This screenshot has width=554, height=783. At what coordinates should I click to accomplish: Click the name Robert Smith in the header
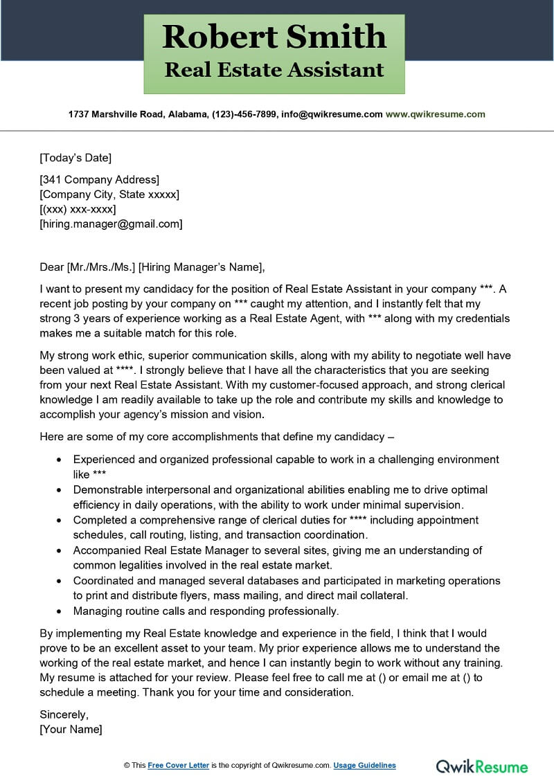(x=274, y=36)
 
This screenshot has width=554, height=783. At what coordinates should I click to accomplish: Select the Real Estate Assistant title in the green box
(x=274, y=70)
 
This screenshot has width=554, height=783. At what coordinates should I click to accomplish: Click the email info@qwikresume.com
(x=331, y=114)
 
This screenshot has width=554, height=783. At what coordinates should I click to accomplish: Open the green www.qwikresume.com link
(x=435, y=114)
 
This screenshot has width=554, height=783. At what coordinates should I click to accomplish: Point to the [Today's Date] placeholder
(x=75, y=157)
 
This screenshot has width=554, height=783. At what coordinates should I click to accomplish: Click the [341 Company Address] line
(x=100, y=180)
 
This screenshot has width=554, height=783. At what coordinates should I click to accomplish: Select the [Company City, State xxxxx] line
(x=109, y=195)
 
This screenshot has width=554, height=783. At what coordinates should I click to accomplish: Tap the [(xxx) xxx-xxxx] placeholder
(x=78, y=209)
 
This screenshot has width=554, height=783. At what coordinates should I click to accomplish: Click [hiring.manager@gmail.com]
(x=111, y=224)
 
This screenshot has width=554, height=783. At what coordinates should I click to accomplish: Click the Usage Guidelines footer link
(x=364, y=765)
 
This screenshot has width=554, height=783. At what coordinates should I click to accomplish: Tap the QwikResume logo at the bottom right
(x=481, y=766)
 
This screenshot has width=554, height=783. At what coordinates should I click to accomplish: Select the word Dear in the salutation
(x=51, y=267)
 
